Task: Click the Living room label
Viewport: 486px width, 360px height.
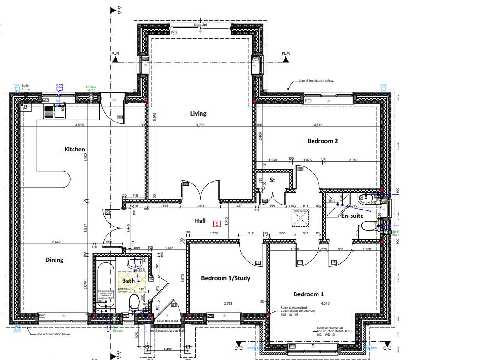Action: pos(198,114)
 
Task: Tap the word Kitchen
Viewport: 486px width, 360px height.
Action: pos(75,149)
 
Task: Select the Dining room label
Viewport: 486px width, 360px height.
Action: pos(54,260)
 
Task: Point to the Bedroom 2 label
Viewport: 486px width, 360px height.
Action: pos(323,141)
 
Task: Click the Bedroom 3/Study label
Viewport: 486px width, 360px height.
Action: pos(225,278)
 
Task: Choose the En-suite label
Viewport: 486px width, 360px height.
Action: pos(352,216)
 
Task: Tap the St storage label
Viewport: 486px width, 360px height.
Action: pos(272,180)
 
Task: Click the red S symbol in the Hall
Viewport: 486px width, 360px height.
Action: pos(217,223)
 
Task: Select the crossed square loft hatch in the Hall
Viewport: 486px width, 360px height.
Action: pos(300,217)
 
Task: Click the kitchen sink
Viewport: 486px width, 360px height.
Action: pos(54,111)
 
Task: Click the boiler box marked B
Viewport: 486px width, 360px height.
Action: pos(26,108)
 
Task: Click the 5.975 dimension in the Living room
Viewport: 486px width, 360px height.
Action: pos(155,117)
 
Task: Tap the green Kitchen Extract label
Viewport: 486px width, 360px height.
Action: pos(91,89)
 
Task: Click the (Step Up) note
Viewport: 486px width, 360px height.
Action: pos(200,24)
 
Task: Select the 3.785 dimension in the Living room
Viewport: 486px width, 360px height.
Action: pos(201,125)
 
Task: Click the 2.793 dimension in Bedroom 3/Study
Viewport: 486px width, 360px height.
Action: pos(228,303)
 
